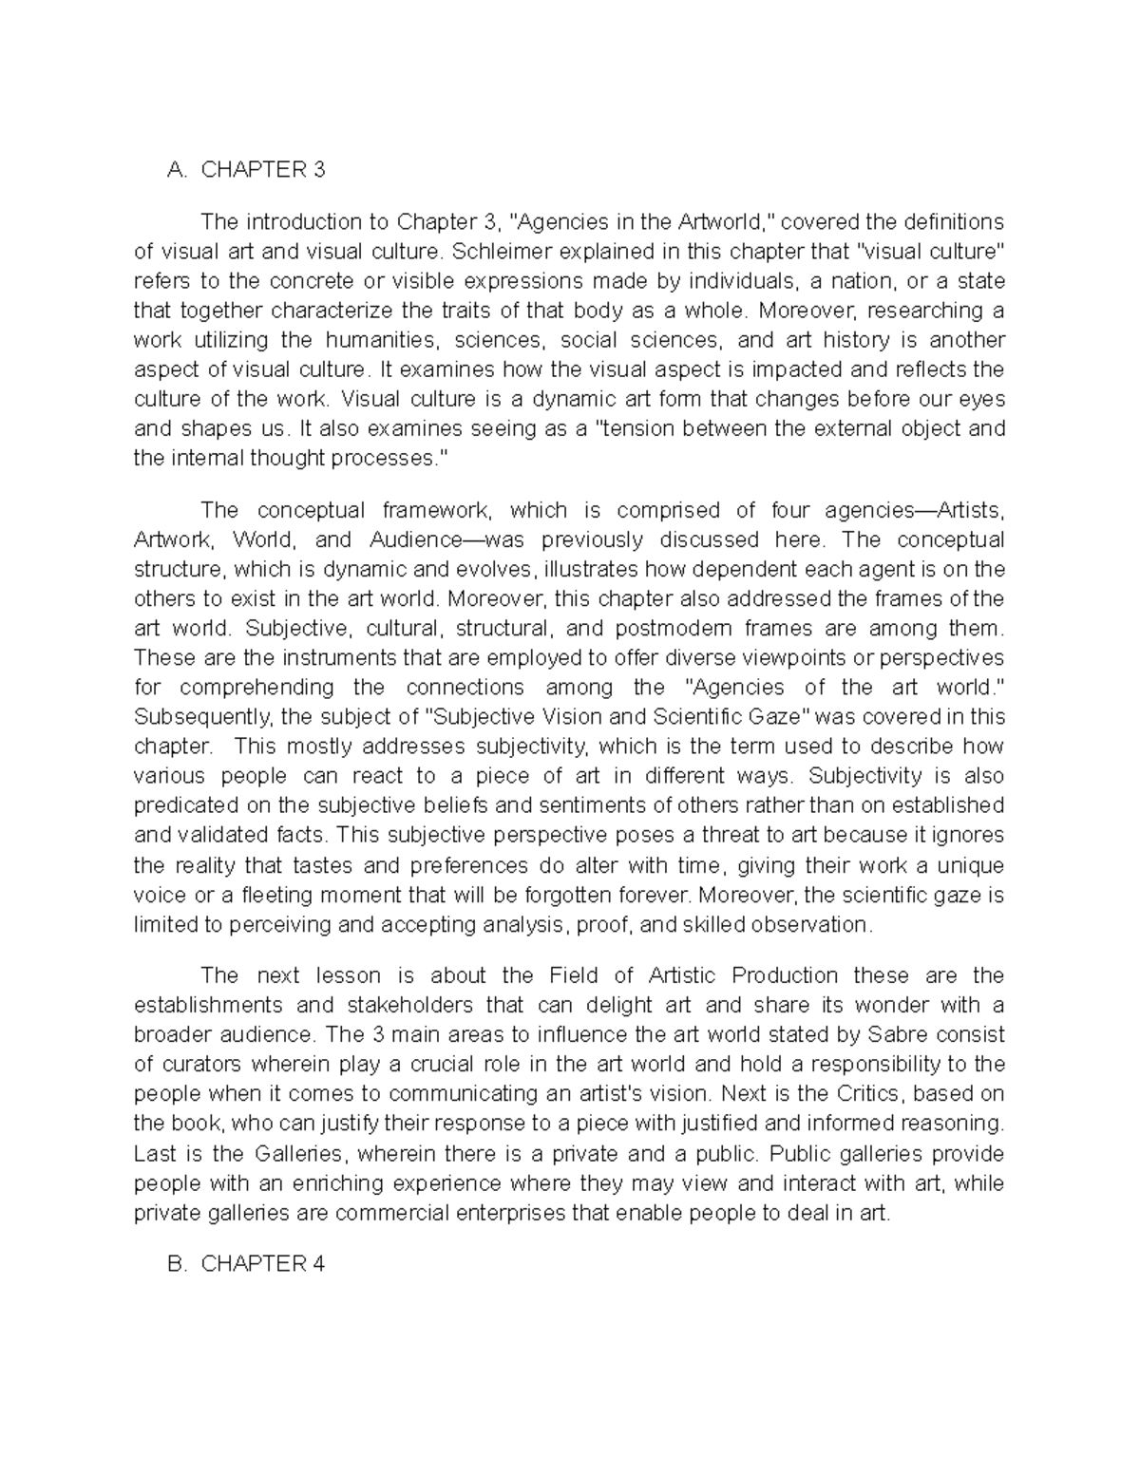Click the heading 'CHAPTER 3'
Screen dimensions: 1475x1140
pos(263,170)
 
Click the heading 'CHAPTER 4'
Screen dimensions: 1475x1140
pos(263,1264)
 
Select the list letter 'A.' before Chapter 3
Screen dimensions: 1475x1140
pos(177,170)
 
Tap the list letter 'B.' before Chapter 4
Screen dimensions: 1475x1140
pos(177,1264)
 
